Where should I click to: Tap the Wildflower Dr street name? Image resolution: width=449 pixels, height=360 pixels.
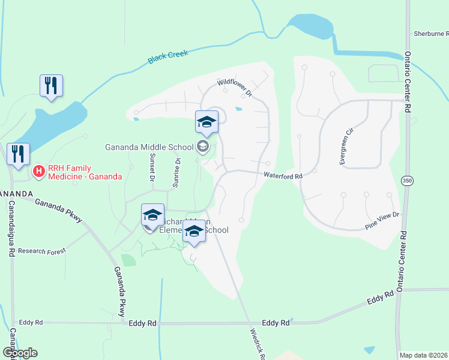(x=237, y=88)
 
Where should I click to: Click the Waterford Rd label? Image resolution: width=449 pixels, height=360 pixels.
(x=282, y=175)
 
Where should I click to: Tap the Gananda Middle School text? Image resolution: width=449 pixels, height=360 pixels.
(x=149, y=147)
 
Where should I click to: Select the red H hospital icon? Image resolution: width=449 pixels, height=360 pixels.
(x=39, y=172)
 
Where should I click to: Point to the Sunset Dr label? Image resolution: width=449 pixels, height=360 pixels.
(x=151, y=168)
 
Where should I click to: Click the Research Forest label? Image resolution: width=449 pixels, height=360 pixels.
(x=41, y=251)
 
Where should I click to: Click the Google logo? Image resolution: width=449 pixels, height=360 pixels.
(x=19, y=352)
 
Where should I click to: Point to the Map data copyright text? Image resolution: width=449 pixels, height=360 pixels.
(x=424, y=355)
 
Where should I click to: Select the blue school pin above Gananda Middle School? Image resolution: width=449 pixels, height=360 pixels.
(x=206, y=122)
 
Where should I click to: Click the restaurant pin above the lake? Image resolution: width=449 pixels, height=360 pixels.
(x=51, y=85)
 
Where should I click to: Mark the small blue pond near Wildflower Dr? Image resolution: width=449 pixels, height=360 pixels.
(x=240, y=109)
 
